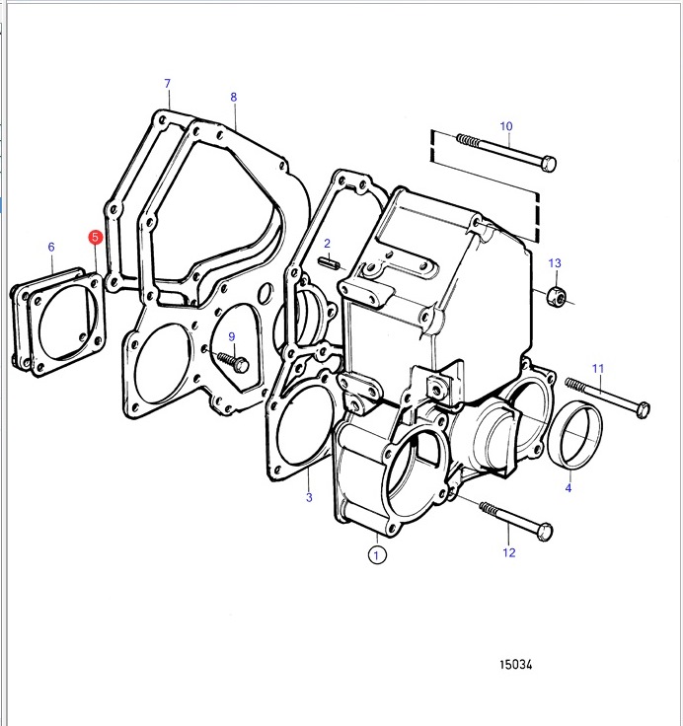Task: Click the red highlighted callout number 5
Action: point(95,237)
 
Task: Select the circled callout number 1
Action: point(376,554)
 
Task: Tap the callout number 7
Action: point(167,83)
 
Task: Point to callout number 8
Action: point(234,97)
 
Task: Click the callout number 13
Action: point(555,263)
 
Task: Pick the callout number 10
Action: point(506,126)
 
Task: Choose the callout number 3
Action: point(309,497)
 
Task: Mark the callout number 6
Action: point(51,247)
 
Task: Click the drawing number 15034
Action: point(516,665)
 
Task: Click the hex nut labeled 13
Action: point(556,295)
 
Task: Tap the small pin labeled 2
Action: point(329,263)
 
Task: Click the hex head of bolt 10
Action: point(548,164)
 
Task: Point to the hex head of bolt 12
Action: point(545,532)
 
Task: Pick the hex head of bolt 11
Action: point(643,409)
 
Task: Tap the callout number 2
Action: point(327,244)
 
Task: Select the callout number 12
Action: point(508,552)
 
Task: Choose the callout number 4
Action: point(569,487)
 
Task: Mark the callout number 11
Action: point(598,369)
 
